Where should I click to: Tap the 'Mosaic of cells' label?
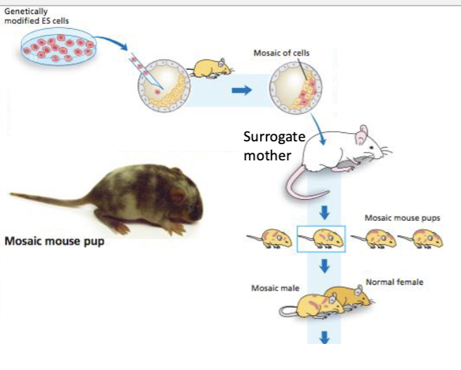(x=281, y=53)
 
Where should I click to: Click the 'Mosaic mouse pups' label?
(x=402, y=218)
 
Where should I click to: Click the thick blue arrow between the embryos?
(x=242, y=90)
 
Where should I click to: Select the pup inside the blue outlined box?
(x=321, y=239)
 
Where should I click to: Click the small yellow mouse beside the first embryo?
(x=212, y=68)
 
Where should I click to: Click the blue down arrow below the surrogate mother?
(x=324, y=213)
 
